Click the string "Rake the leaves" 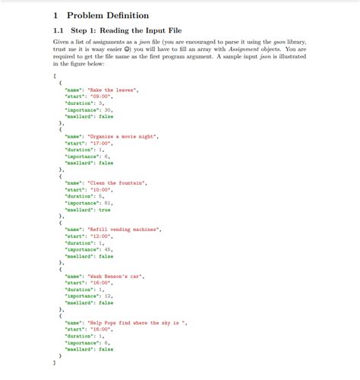point(113,90)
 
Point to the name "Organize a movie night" point(123,136)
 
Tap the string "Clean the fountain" point(118,183)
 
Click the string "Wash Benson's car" point(116,277)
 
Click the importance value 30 point(108,110)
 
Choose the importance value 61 point(108,204)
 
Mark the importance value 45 point(108,250)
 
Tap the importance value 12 point(108,296)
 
